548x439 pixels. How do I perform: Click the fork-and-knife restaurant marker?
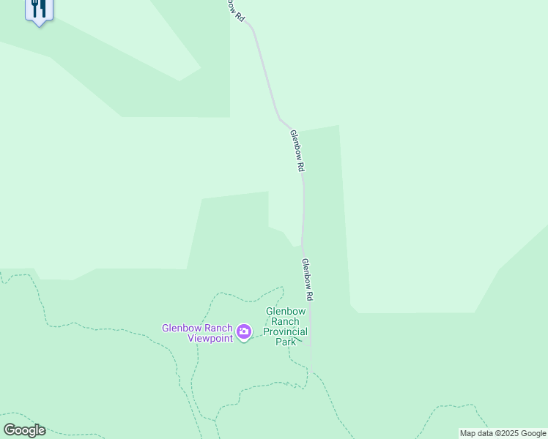coord(39,9)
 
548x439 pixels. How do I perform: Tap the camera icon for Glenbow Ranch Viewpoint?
coord(244,332)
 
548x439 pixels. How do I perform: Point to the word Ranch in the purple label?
coord(217,328)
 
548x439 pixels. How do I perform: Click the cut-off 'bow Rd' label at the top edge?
coord(234,9)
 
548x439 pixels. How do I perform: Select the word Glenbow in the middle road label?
coord(295,144)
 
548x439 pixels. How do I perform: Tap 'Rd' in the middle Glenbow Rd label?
coord(300,167)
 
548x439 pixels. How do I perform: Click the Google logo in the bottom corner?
coord(24,430)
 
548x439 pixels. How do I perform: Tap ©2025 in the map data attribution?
coord(504,433)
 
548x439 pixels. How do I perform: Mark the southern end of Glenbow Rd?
coord(311,364)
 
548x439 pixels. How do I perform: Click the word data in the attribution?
coord(484,433)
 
